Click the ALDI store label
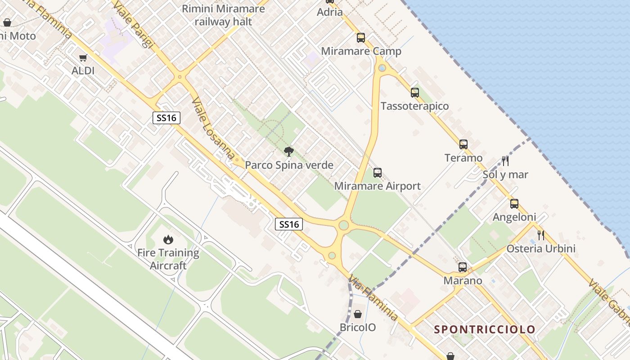click(x=83, y=71)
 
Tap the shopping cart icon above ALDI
click(x=83, y=58)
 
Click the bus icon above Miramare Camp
click(x=361, y=38)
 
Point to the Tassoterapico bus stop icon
click(x=415, y=93)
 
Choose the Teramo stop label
click(x=463, y=158)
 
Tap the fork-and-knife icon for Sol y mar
click(x=505, y=161)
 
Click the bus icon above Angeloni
click(x=514, y=203)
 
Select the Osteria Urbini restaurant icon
click(x=541, y=235)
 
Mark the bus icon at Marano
click(x=463, y=267)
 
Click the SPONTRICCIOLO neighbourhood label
click(x=485, y=329)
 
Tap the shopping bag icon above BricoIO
click(x=358, y=314)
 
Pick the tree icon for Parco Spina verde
click(x=289, y=151)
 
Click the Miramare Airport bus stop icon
click(x=378, y=172)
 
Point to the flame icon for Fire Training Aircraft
click(x=168, y=239)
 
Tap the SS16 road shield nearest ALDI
click(x=166, y=118)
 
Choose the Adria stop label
click(x=330, y=12)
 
